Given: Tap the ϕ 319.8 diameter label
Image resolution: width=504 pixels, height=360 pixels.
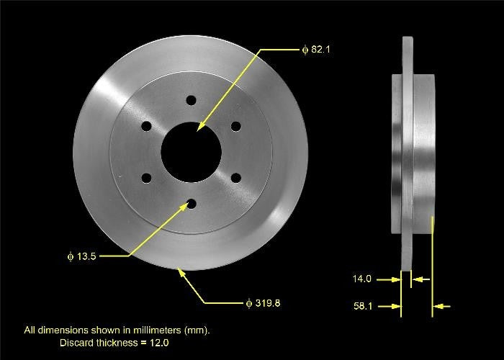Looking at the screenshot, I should (263, 303).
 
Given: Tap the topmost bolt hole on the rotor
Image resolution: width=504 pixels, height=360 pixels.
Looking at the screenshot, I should (191, 100).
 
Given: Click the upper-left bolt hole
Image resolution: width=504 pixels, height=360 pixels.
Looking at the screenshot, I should (146, 127).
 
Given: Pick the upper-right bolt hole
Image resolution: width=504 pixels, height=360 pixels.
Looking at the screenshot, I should (235, 127).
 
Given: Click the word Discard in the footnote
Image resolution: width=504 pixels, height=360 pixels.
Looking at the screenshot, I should (76, 343).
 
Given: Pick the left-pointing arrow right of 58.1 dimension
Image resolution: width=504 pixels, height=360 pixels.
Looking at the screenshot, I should (441, 307).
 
